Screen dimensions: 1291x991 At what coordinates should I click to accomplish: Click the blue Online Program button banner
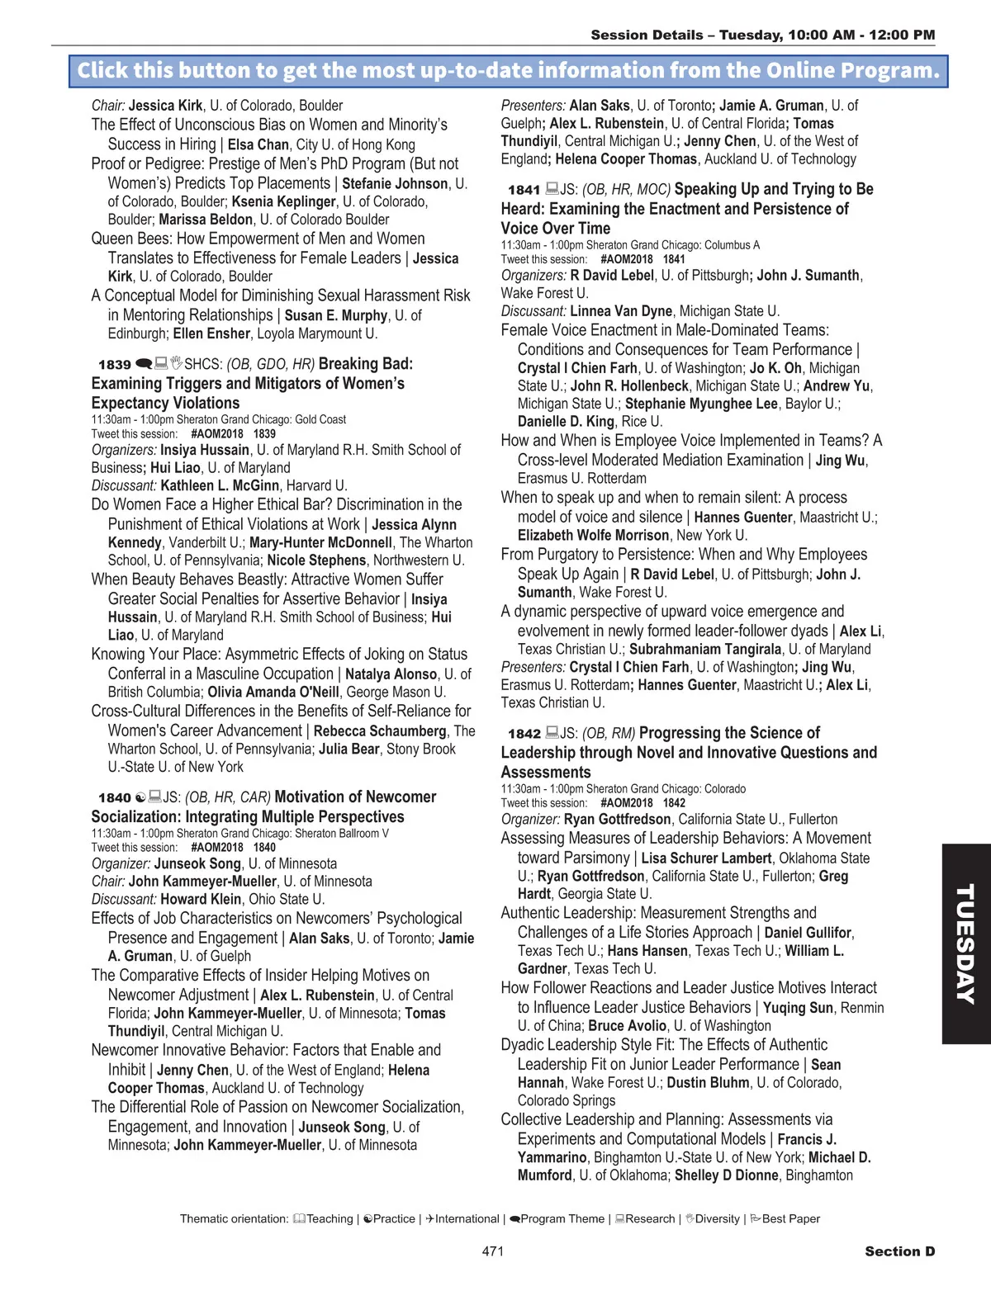[508, 71]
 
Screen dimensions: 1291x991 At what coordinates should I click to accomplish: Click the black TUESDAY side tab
[965, 943]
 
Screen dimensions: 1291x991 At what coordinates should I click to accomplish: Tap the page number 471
[493, 1251]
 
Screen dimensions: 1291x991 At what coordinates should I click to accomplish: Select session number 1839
[115, 365]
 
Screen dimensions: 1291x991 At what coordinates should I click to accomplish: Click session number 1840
[115, 798]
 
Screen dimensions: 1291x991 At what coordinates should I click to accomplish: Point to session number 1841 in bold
[524, 190]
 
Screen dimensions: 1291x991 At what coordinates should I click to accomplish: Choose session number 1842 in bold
[524, 734]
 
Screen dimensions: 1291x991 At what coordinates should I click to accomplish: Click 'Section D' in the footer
[899, 1251]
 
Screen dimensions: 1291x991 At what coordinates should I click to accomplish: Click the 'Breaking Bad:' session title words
[365, 364]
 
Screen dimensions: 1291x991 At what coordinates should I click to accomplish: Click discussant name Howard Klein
[201, 899]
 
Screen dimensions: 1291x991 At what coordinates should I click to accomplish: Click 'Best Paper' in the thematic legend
[790, 1219]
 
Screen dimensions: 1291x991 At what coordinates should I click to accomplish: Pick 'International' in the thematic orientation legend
[467, 1219]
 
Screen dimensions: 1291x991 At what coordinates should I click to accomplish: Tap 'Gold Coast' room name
[320, 419]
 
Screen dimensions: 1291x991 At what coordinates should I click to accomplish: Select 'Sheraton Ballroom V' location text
[341, 834]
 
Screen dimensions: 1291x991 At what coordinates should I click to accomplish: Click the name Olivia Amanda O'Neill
[273, 693]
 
